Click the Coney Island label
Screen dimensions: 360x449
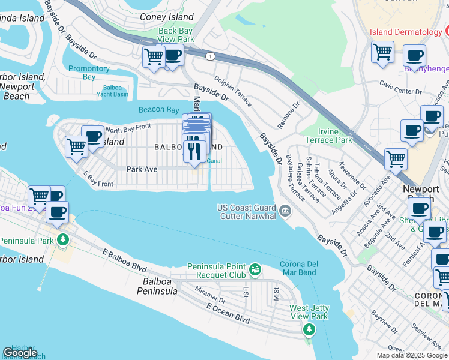(167, 17)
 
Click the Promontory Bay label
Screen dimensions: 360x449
(89, 73)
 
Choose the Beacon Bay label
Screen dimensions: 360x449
(158, 110)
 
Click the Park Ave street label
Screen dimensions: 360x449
(142, 169)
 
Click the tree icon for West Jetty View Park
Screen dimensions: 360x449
(309, 329)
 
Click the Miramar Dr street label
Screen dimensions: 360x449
(209, 294)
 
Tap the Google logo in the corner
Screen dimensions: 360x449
(20, 353)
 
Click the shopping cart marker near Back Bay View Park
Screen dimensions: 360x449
(154, 57)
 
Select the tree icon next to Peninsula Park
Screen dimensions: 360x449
(62, 240)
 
